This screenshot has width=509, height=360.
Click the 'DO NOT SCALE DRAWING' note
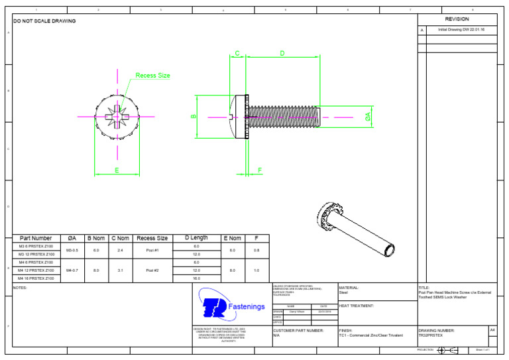coord(44,21)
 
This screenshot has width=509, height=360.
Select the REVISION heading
coord(457,19)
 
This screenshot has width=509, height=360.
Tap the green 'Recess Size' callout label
coord(152,76)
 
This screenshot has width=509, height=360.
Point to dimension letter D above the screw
coord(282,53)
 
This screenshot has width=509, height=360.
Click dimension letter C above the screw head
coord(237,53)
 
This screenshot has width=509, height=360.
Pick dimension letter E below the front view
coord(117,170)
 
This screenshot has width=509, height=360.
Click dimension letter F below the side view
coord(260,170)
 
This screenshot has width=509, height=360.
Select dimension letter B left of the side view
coord(194,117)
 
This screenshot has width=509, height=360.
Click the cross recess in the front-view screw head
coord(117,117)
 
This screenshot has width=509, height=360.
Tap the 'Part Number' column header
coord(36,238)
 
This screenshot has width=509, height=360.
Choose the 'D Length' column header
coord(196,238)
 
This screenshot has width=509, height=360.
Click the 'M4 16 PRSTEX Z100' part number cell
coord(36,278)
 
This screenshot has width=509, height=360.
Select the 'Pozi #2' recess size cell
coord(152,270)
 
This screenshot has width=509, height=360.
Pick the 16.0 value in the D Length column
coord(196,278)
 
